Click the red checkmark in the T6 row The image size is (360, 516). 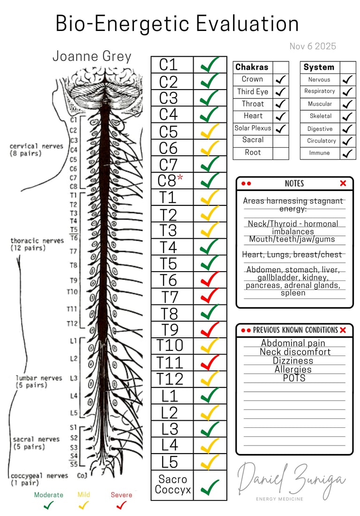[210, 280]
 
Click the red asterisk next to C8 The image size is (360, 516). [180, 179]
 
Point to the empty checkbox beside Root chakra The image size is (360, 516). [281, 152]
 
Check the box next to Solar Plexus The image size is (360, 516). [281, 128]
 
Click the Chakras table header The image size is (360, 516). [252, 67]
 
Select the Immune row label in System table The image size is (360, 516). [319, 153]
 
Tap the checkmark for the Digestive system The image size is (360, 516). [347, 129]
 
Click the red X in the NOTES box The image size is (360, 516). [343, 183]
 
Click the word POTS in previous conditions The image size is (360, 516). [294, 378]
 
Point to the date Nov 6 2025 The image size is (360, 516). [313, 46]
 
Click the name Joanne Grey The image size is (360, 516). [92, 56]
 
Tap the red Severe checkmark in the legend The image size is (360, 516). [121, 505]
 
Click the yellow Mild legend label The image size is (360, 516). [83, 494]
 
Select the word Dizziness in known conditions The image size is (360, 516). [293, 361]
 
